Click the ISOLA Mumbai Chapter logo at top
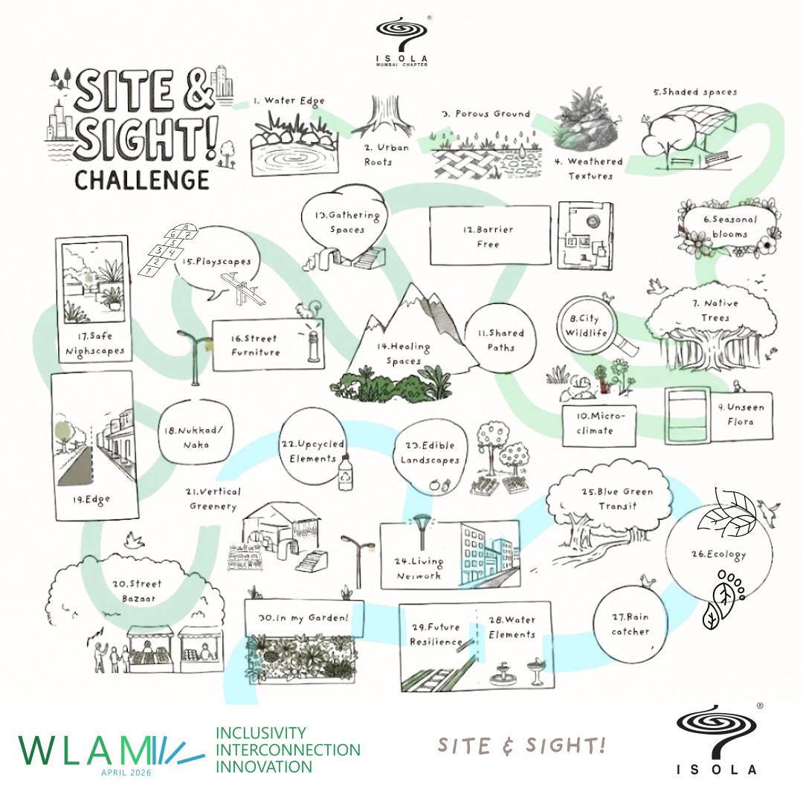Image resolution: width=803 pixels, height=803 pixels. click(x=402, y=42)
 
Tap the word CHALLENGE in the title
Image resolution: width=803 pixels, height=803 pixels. click(x=142, y=180)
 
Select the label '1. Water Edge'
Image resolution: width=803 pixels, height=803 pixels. click(x=289, y=101)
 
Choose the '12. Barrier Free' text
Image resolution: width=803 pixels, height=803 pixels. click(x=488, y=236)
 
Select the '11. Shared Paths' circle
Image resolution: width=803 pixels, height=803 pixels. click(x=500, y=338)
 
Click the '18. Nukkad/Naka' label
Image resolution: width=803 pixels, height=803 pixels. click(x=193, y=437)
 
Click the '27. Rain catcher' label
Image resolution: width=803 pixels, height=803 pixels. click(x=631, y=625)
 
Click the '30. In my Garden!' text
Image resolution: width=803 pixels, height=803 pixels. click(x=303, y=618)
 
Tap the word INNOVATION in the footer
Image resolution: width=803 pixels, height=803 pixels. click(x=264, y=767)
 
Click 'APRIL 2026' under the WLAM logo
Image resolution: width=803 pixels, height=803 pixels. click(x=126, y=773)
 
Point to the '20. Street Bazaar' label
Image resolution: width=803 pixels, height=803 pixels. click(x=138, y=591)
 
